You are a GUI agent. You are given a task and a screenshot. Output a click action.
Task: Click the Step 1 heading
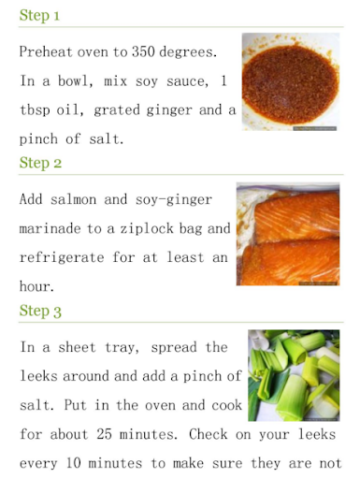coord(39,15)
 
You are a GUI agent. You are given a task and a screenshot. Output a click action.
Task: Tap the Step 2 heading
coord(40,163)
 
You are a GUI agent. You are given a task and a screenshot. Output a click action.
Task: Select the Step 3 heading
coord(40,311)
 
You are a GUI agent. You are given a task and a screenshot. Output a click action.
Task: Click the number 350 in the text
coord(143,51)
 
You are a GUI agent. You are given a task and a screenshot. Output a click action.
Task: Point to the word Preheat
coord(46,51)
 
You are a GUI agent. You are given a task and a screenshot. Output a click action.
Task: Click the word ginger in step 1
coord(169,110)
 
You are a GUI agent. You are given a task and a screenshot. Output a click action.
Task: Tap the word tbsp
coord(35,110)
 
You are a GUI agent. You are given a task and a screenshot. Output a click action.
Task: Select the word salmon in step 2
coord(74,199)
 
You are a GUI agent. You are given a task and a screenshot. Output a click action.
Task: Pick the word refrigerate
coord(62,258)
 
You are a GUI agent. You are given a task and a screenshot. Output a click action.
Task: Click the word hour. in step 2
coord(36,286)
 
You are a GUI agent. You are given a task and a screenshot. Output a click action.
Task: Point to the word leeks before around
coord(38,376)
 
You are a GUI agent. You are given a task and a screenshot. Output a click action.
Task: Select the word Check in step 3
coord(209,434)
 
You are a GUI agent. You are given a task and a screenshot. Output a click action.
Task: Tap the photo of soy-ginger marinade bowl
coord(291,81)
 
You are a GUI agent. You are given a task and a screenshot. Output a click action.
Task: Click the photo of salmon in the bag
coord(288,234)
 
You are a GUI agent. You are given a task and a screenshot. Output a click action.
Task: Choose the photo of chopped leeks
coord(294,375)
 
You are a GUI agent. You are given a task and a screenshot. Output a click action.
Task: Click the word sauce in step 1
coord(187,81)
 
